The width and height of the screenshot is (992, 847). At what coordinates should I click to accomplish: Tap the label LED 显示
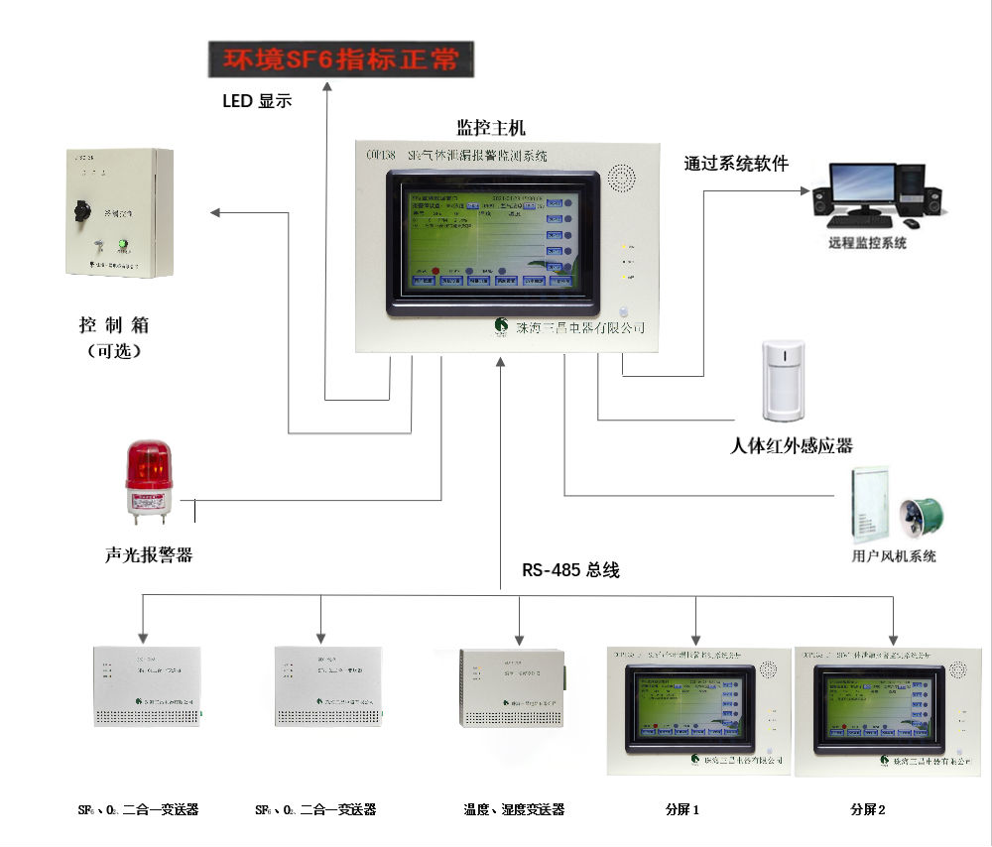click(x=257, y=100)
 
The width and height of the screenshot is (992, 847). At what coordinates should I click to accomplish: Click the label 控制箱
click(x=112, y=325)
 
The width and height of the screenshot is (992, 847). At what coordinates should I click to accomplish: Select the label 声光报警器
click(x=148, y=555)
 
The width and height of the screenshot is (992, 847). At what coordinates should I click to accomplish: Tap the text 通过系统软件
click(x=735, y=164)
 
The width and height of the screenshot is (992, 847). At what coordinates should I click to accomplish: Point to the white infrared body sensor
click(x=783, y=381)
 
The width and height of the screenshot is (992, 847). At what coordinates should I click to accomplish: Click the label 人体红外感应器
click(x=791, y=446)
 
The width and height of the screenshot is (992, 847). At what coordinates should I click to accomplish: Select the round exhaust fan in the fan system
click(x=916, y=516)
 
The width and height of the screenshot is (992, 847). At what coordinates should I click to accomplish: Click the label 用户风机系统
click(x=893, y=556)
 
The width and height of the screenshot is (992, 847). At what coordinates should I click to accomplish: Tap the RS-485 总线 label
click(x=570, y=570)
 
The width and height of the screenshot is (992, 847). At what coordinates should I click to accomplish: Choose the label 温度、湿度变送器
click(x=513, y=809)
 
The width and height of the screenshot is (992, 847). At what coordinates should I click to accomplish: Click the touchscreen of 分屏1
click(x=692, y=708)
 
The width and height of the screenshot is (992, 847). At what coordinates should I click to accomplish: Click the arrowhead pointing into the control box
click(x=215, y=211)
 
